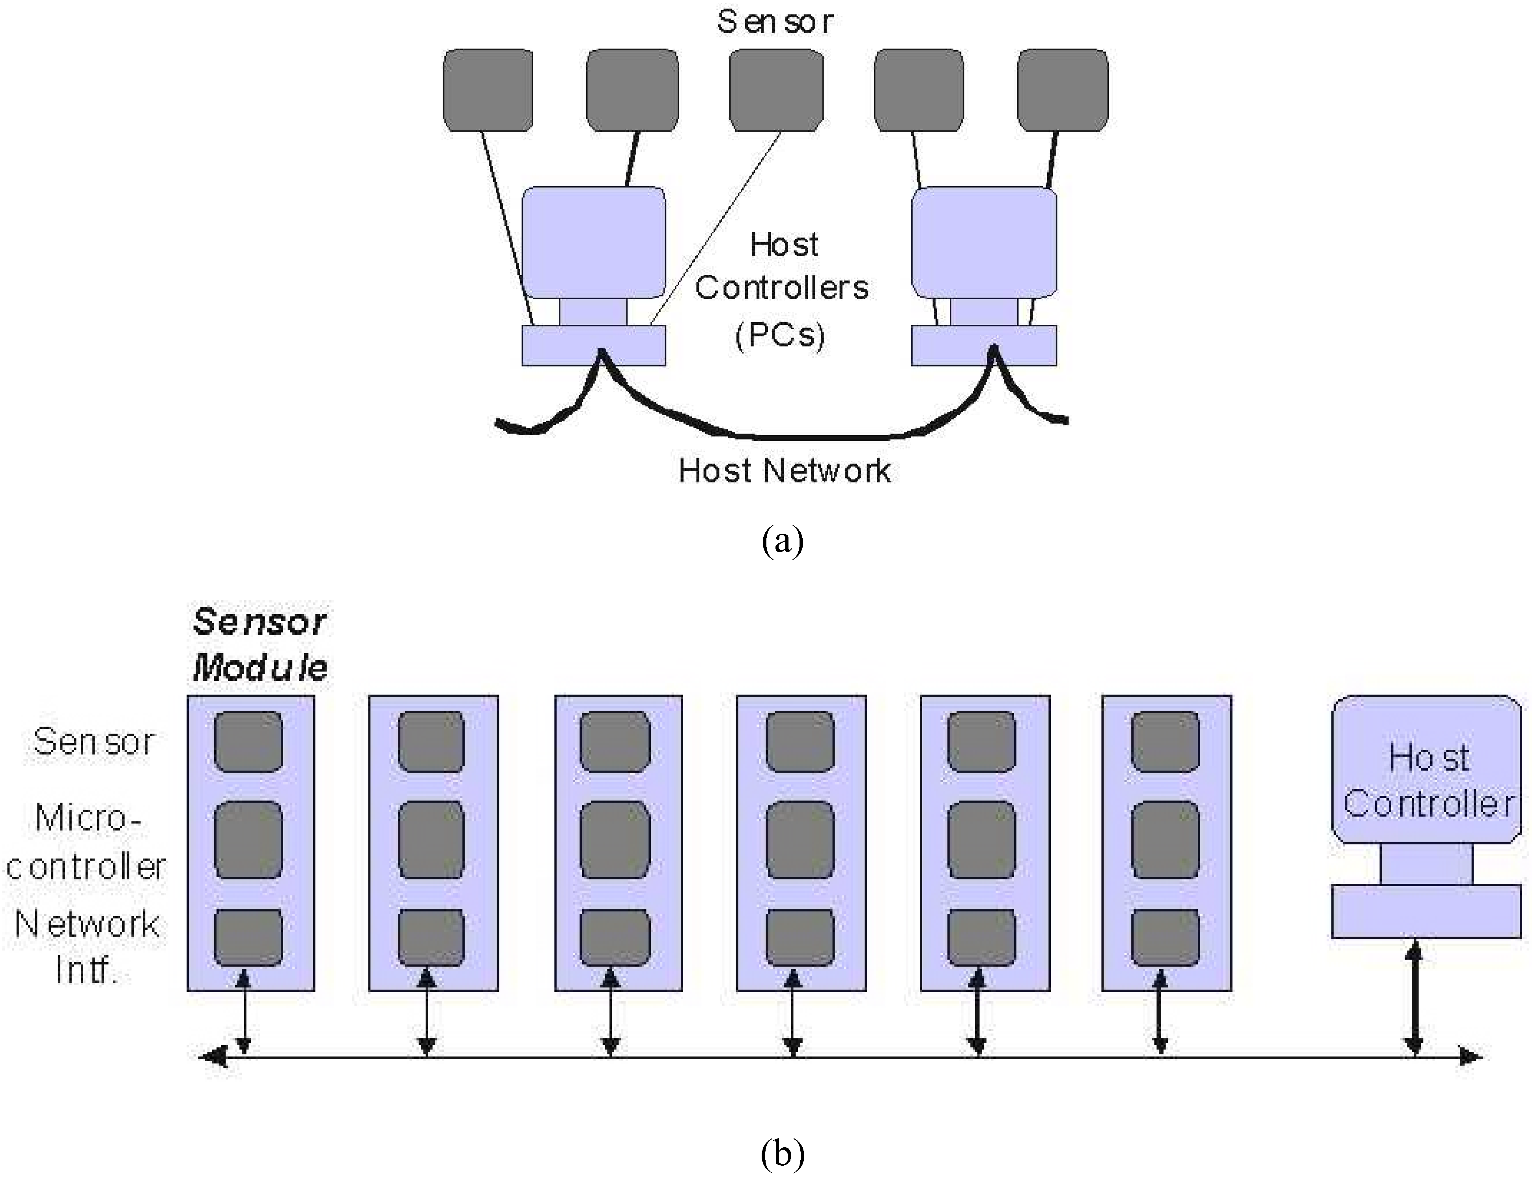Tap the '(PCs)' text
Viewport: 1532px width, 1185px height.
(x=780, y=335)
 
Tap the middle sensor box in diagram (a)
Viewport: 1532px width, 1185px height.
(x=776, y=90)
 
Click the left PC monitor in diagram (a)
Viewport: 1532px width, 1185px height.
(x=594, y=242)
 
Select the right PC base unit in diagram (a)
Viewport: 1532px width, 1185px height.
(x=983, y=345)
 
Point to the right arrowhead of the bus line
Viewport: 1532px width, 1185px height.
(x=1470, y=1056)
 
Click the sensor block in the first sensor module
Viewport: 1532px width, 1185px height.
(x=248, y=742)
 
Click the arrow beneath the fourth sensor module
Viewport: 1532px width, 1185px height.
(x=793, y=1013)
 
